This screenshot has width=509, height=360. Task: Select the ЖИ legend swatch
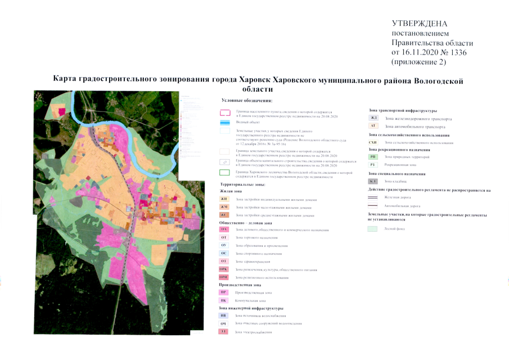tap(224, 199)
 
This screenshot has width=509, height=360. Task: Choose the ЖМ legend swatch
tap(224, 207)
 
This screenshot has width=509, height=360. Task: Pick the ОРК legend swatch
tap(224, 270)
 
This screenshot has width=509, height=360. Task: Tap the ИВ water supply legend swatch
tap(224, 316)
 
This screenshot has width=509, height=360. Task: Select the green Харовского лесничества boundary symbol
tap(224, 173)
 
